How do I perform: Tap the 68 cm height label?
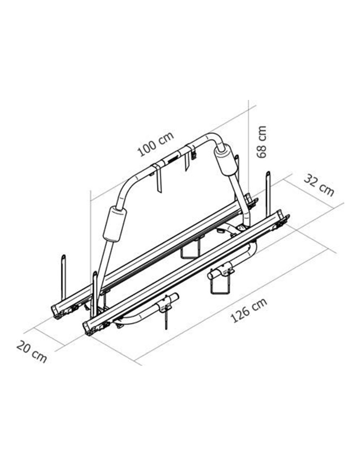(262, 142)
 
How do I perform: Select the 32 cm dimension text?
(319, 185)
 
